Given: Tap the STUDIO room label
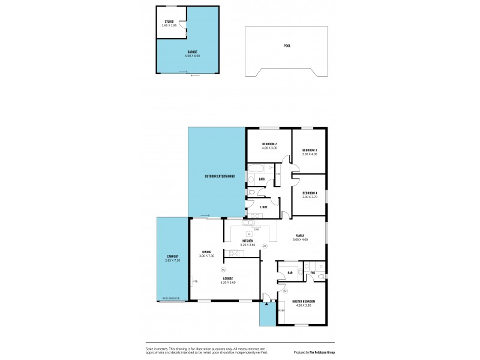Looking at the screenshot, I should click(170, 22).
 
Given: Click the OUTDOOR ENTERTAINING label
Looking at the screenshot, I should click(219, 176).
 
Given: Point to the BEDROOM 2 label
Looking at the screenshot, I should click(269, 144).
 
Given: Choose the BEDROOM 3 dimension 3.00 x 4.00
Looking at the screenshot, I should click(310, 154).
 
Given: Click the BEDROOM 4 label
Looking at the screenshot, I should click(310, 193).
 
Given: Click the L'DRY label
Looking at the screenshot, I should click(264, 207).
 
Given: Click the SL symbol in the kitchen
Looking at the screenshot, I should click(249, 233).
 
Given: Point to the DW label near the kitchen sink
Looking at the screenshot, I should click(256, 229).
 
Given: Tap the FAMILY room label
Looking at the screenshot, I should click(300, 235).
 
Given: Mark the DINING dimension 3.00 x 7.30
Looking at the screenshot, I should click(206, 256).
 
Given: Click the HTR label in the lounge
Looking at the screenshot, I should click(194, 281).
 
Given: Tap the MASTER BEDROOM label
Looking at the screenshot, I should click(304, 301).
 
